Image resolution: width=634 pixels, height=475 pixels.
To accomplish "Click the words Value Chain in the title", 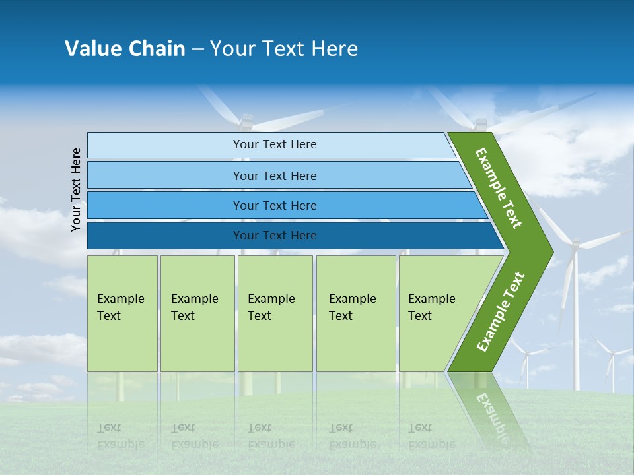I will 125,49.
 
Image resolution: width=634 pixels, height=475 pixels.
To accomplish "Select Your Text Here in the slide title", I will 284,49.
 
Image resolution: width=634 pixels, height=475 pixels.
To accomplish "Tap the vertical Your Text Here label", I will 76,189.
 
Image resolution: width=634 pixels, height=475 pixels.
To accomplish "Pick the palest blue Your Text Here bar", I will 274,144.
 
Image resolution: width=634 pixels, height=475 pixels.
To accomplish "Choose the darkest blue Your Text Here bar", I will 274,236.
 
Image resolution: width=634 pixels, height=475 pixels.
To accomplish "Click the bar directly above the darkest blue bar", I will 274,206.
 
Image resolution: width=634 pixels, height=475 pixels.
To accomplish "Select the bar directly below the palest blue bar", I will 274,175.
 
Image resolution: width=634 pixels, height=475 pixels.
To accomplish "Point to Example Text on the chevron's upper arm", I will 499,189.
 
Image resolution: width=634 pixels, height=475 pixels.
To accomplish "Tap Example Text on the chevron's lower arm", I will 501,311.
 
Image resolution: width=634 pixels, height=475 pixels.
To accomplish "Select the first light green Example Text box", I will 122,313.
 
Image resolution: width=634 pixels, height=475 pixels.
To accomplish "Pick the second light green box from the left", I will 197,313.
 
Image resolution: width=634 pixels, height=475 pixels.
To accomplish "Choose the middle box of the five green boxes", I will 275,313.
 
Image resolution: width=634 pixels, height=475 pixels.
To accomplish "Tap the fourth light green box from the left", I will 355,313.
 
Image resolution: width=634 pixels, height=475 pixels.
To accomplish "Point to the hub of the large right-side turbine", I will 574,245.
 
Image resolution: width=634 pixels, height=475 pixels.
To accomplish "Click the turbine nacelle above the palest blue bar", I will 246,122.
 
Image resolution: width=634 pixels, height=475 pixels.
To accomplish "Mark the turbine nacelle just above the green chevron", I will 480,124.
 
